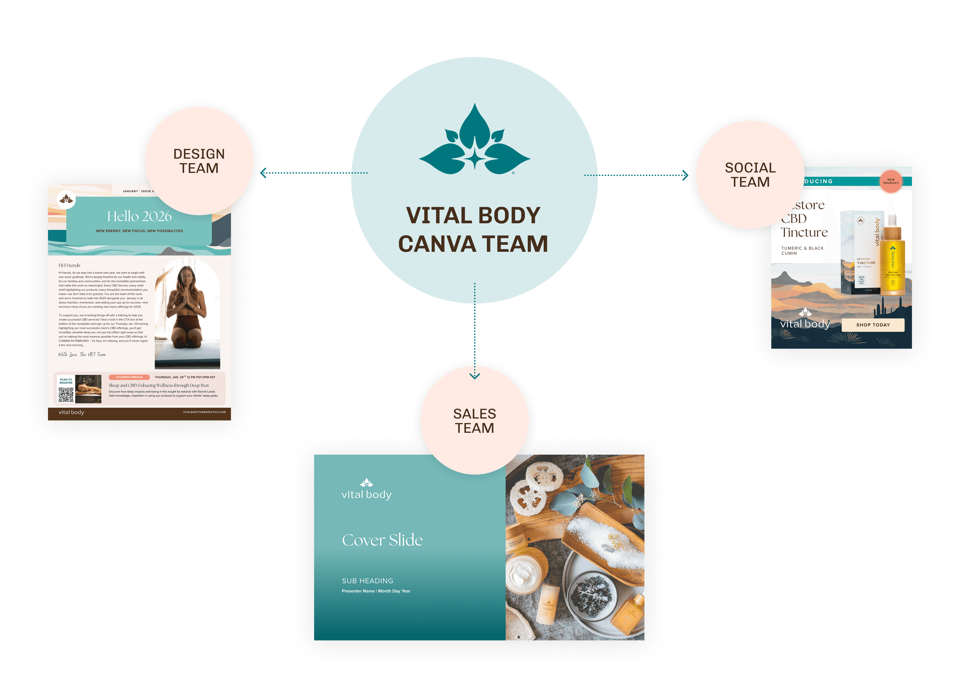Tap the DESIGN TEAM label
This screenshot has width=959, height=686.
coord(199,161)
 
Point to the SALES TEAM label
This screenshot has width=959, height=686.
coord(475,421)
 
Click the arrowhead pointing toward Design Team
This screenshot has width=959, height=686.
coord(263,173)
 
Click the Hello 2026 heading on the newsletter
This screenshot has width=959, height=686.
coord(139,216)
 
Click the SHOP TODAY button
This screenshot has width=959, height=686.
coord(873,325)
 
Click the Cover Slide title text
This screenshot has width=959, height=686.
coord(382,540)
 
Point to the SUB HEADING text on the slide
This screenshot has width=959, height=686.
coord(368,581)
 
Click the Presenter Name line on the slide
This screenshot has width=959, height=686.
coord(376,591)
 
